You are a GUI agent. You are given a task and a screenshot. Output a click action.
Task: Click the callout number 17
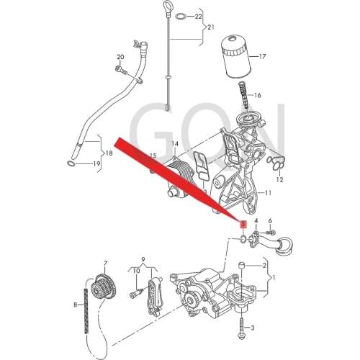[263, 57]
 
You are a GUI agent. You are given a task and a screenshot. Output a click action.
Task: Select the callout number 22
[199, 17]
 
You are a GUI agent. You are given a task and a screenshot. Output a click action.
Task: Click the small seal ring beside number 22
[181, 17]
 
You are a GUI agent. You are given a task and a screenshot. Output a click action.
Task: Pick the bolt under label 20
[122, 70]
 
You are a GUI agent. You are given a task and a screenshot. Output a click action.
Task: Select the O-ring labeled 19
[71, 163]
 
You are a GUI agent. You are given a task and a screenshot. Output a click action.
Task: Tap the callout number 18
[109, 153]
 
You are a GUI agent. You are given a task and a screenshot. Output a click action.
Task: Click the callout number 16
[258, 96]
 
